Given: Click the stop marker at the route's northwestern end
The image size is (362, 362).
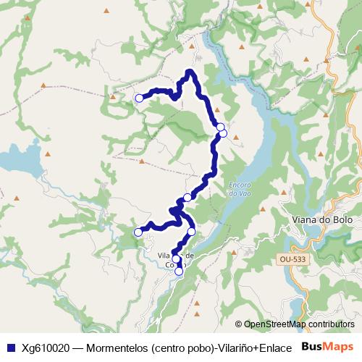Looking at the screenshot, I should (139, 98).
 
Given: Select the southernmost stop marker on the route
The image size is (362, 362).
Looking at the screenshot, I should (179, 272).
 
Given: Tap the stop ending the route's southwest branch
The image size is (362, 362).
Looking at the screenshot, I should (138, 232).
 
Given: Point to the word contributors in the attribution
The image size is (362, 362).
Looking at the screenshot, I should (332, 324).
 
